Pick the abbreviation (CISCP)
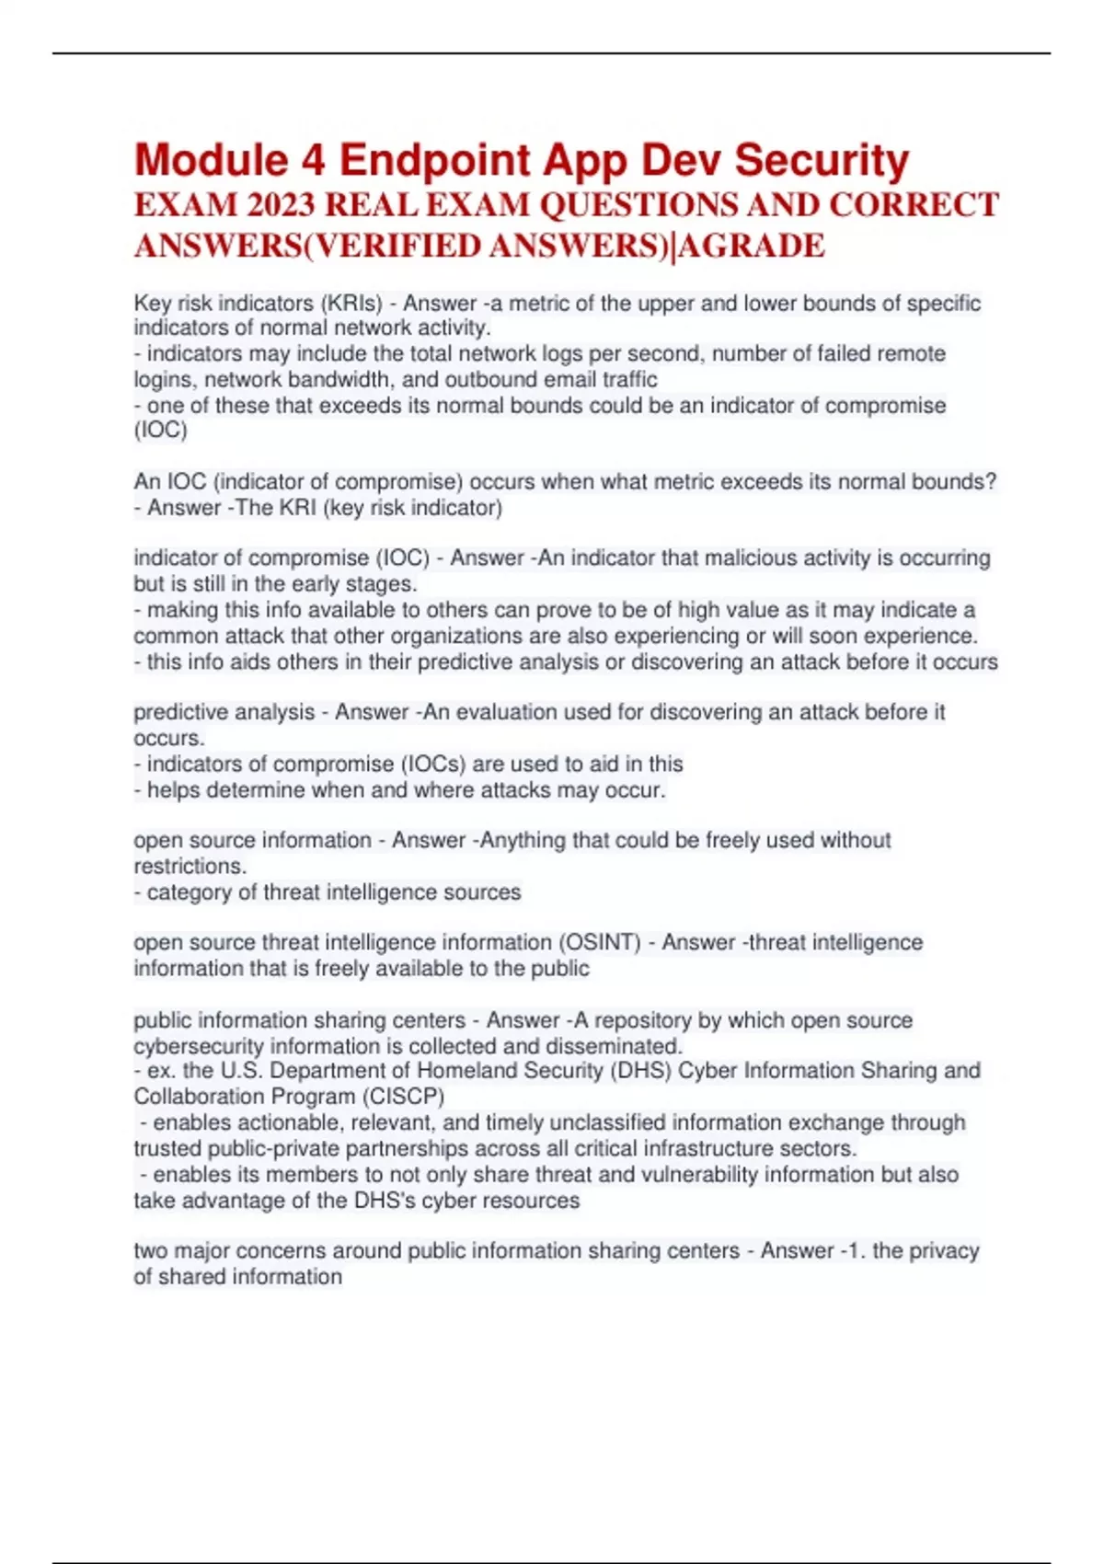(406, 1097)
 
